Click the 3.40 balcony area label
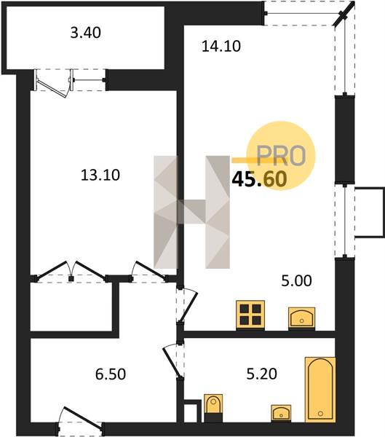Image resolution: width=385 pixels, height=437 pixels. (86, 33)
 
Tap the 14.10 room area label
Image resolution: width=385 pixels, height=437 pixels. (221, 46)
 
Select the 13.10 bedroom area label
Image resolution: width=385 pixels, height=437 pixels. (100, 175)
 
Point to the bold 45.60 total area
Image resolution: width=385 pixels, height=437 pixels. (259, 179)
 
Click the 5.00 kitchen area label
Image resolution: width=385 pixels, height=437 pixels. (296, 280)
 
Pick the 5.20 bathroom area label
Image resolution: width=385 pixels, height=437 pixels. (261, 374)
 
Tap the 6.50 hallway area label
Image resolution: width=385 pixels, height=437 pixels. (111, 374)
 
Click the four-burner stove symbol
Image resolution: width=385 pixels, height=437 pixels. (250, 315)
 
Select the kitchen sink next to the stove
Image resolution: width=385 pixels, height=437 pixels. (302, 318)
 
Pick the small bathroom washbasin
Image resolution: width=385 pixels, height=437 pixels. (281, 413)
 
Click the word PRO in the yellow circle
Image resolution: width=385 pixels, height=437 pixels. (281, 156)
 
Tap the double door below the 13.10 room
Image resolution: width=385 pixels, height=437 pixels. (71, 271)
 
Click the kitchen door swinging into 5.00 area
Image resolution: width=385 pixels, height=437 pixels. (187, 306)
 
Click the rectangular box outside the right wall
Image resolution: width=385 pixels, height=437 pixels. (370, 213)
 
